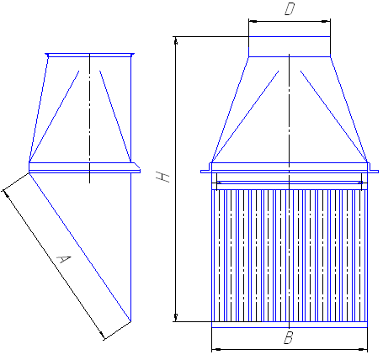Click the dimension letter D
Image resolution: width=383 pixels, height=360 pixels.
[x=290, y=9]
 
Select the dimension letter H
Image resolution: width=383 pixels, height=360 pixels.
[x=162, y=177]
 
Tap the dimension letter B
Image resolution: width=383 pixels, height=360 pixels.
[x=289, y=338]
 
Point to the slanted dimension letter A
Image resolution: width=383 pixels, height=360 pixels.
[x=63, y=259]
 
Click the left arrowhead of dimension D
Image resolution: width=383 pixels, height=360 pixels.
[x=253, y=21]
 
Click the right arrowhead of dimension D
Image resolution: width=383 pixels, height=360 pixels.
[x=327, y=21]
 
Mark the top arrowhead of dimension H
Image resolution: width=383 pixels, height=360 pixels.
[x=176, y=40]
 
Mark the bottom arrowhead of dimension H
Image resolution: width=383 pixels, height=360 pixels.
[x=176, y=318]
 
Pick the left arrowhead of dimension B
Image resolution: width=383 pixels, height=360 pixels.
[x=215, y=350]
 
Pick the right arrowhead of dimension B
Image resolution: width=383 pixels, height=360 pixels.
[x=363, y=350]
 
